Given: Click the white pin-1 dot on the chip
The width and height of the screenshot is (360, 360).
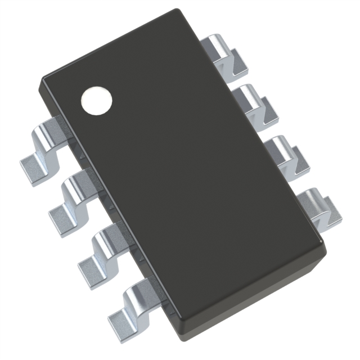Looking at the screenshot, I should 96,101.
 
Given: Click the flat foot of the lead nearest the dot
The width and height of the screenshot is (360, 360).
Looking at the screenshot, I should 31,164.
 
